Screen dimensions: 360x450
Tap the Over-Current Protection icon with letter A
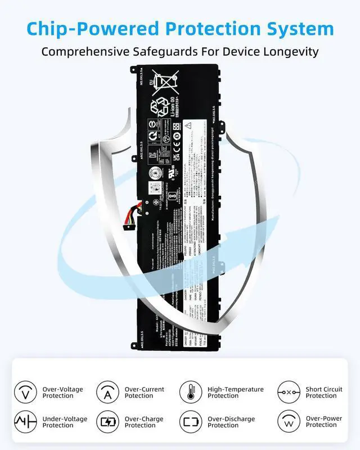tap(107, 392)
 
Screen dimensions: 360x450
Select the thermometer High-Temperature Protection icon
tap(191, 392)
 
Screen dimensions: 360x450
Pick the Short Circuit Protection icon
tap(289, 392)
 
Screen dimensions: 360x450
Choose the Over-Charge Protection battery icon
tap(107, 422)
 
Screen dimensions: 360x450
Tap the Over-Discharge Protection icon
tap(191, 422)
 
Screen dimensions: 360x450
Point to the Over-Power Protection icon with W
tap(289, 422)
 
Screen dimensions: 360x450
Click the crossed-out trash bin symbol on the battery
tap(166, 82)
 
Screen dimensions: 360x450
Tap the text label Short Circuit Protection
tap(323, 392)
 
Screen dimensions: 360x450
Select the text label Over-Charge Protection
tap(144, 422)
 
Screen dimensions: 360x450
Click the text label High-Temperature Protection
tap(235, 392)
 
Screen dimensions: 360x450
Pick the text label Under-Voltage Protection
tap(65, 422)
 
